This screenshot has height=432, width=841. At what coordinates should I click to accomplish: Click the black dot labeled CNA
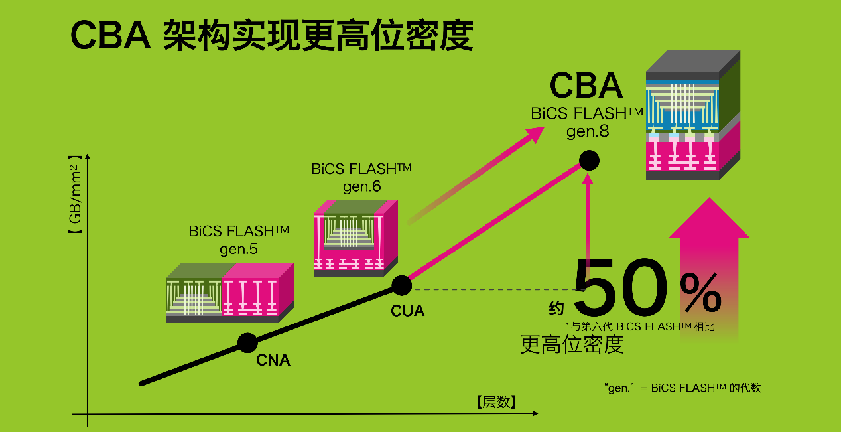point(247,343)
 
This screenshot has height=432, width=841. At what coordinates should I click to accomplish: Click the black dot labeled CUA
point(401,285)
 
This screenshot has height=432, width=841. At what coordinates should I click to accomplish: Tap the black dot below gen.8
point(589,160)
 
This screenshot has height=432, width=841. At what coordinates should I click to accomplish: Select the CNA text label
point(273,361)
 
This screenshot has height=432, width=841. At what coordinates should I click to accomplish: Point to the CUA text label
point(408,311)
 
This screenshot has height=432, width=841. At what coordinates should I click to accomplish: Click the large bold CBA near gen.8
point(586,86)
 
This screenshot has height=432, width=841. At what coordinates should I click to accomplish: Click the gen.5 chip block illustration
point(229,293)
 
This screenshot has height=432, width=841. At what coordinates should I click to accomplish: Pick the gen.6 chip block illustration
point(356,238)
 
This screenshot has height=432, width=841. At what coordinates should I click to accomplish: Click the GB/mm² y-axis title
point(74,196)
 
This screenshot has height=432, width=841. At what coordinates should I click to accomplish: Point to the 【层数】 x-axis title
point(496,401)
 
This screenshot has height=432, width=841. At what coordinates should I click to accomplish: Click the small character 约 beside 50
point(556,309)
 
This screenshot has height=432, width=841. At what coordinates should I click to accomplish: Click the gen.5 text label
point(239,250)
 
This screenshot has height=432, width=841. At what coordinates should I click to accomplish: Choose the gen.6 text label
point(361,186)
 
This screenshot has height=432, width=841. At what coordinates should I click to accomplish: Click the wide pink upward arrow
point(708,265)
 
